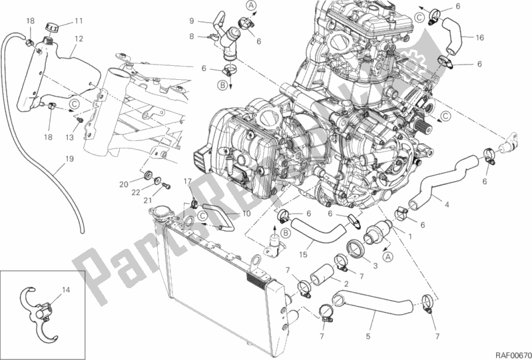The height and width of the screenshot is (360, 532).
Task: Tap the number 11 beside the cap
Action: (79, 20)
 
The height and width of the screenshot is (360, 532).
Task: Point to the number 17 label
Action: (187, 182)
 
